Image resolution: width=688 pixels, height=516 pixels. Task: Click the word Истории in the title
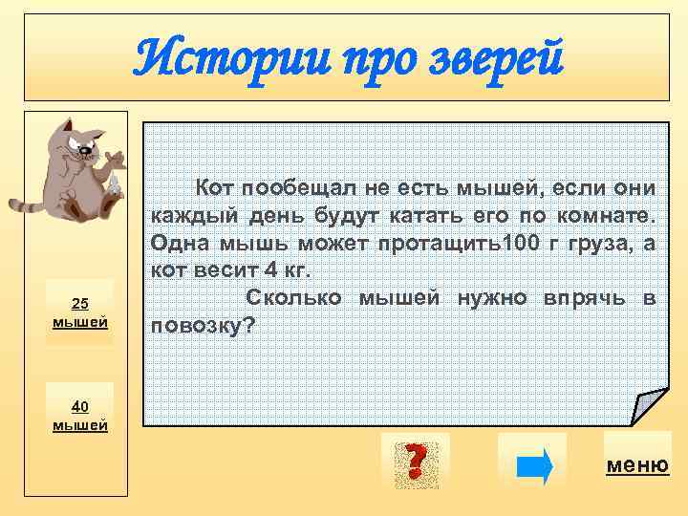[x=205, y=59]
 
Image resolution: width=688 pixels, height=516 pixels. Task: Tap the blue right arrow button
[x=532, y=465]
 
